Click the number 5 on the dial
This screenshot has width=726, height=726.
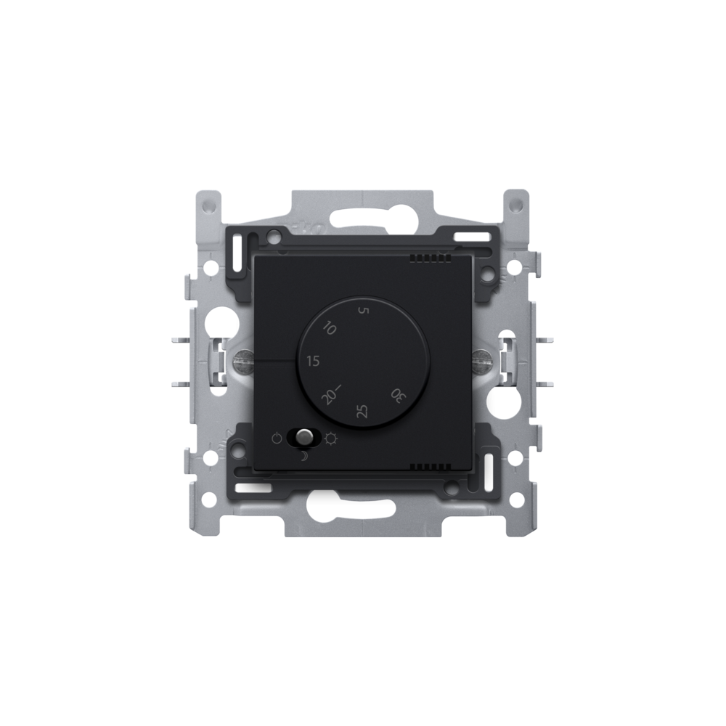click(x=364, y=311)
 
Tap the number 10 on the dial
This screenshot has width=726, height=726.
click(x=329, y=329)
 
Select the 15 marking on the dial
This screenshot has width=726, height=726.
click(x=314, y=361)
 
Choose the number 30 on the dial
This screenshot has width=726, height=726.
click(x=397, y=394)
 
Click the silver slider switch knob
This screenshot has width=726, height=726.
click(x=303, y=436)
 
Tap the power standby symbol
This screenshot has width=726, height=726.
click(x=277, y=438)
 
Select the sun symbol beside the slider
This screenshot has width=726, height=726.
click(x=331, y=438)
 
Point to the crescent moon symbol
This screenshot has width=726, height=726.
click(x=303, y=457)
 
